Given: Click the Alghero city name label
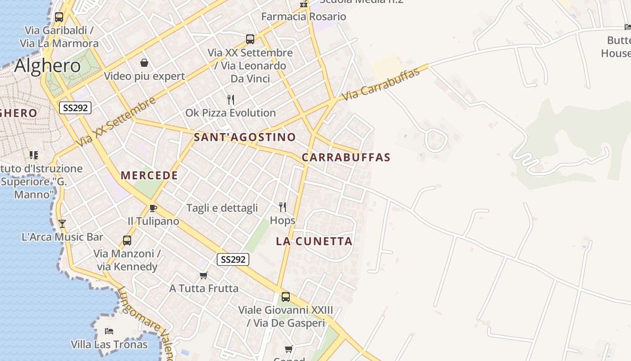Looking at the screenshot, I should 47,66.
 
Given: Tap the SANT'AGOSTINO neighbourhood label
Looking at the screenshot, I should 245,137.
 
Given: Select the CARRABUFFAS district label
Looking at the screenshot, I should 346,157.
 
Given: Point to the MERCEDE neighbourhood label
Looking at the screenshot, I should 149,176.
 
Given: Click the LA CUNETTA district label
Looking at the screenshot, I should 314,241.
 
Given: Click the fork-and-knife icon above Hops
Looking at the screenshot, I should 283,207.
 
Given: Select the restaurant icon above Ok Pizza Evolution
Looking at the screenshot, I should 231,100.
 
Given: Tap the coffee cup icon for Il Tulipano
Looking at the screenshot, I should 153,208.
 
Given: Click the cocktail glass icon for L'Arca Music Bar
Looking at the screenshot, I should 62,224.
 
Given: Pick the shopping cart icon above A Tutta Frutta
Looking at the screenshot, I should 204,275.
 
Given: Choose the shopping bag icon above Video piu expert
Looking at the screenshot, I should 144,63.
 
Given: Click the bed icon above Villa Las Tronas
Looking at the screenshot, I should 109,331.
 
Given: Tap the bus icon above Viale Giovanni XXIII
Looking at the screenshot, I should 285,297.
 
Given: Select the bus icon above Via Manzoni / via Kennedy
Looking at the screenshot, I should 127,241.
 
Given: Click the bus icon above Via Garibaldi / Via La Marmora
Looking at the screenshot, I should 59,17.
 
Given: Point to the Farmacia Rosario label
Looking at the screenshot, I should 304,17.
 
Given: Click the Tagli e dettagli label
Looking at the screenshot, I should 222,208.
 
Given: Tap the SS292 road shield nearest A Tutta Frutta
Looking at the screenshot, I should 233,259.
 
